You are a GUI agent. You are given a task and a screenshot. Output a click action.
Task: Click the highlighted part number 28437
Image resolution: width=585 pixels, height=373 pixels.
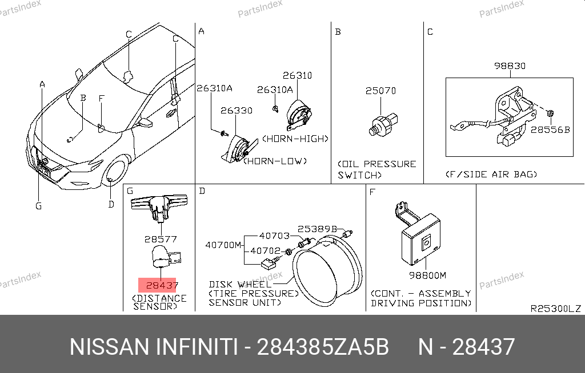[162, 285]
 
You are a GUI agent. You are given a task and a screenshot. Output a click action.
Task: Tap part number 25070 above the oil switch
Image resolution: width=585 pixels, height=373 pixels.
[380, 91]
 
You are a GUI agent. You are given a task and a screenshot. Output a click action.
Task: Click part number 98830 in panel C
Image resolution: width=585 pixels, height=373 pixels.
[510, 66]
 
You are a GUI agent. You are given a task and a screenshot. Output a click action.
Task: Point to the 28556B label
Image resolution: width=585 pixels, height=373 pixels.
[550, 129]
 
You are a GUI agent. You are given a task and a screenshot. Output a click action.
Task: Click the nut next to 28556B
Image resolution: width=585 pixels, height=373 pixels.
[550, 113]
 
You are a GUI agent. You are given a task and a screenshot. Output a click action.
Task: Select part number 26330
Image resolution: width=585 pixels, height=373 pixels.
[236, 111]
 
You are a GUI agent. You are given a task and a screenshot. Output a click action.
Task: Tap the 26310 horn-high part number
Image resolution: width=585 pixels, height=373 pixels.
[297, 76]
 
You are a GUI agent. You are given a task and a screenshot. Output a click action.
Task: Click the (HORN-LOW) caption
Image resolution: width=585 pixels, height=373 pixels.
[275, 161]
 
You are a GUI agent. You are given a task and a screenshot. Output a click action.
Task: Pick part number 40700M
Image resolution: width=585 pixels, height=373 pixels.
[223, 245]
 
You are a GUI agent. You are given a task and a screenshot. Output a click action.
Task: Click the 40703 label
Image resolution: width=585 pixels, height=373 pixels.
[274, 236]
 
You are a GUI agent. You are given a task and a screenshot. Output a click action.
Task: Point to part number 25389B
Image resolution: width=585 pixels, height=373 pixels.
[317, 229]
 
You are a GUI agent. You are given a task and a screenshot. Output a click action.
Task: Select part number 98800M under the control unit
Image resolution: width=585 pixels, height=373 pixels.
[427, 275]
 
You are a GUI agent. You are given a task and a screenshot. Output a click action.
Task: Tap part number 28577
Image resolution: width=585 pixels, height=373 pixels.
[161, 239]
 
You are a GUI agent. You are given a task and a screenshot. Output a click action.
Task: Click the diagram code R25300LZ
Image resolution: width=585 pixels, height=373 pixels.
[555, 309]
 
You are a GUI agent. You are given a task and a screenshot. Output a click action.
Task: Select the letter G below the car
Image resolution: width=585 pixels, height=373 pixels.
[38, 206]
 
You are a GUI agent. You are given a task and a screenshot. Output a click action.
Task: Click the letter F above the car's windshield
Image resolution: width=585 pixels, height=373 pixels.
[102, 98]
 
